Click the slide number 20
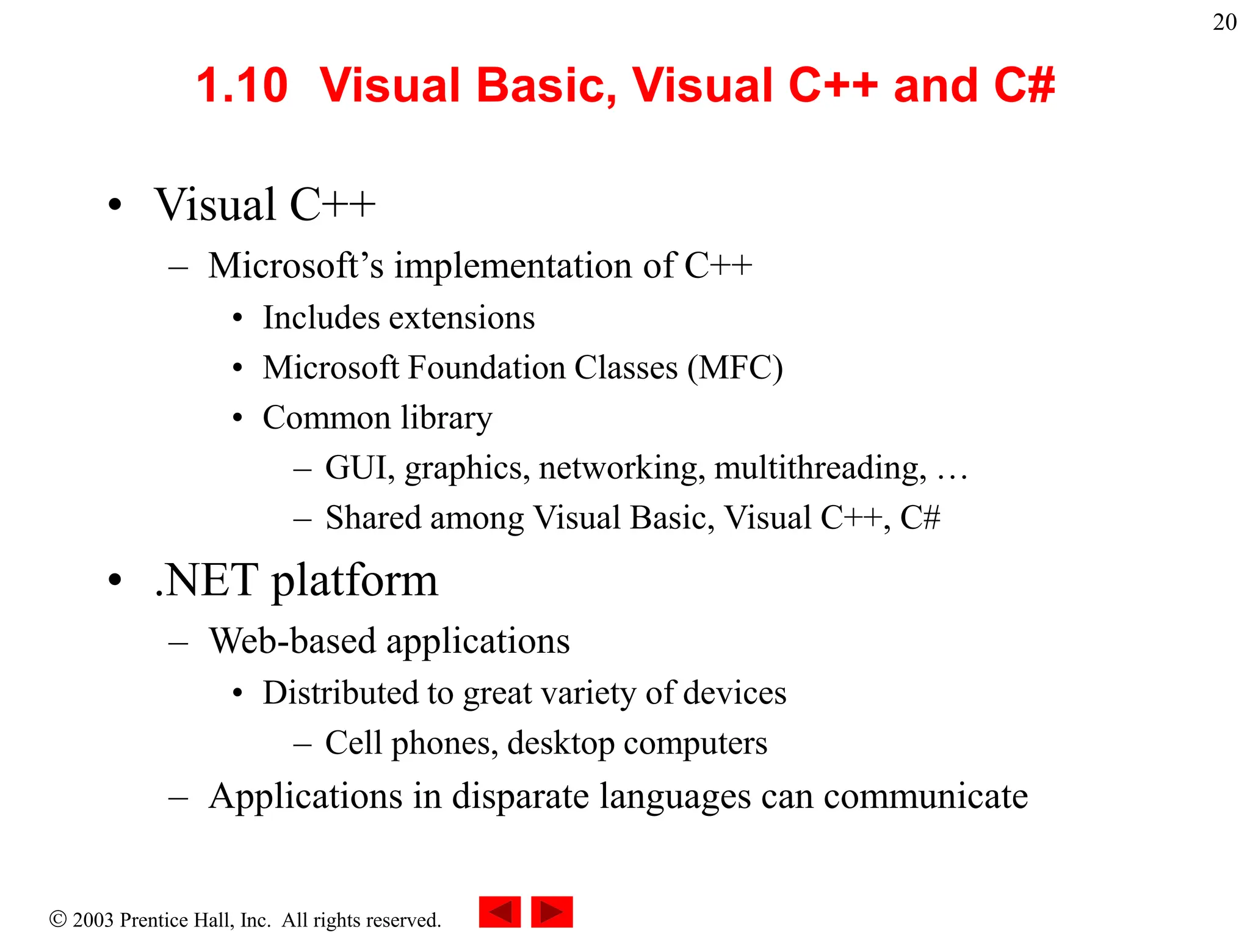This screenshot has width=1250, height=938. pos(1224,23)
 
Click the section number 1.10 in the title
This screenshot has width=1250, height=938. pos(242,85)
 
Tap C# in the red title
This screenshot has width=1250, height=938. pos(1024,85)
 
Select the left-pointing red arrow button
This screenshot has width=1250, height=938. pos(499,912)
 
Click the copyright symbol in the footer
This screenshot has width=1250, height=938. pos(58,919)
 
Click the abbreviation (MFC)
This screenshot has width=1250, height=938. pos(735,368)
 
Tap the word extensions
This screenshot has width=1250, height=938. pos(461,318)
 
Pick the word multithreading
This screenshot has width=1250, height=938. pos(820,468)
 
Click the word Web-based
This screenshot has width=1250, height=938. pos(292,641)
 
